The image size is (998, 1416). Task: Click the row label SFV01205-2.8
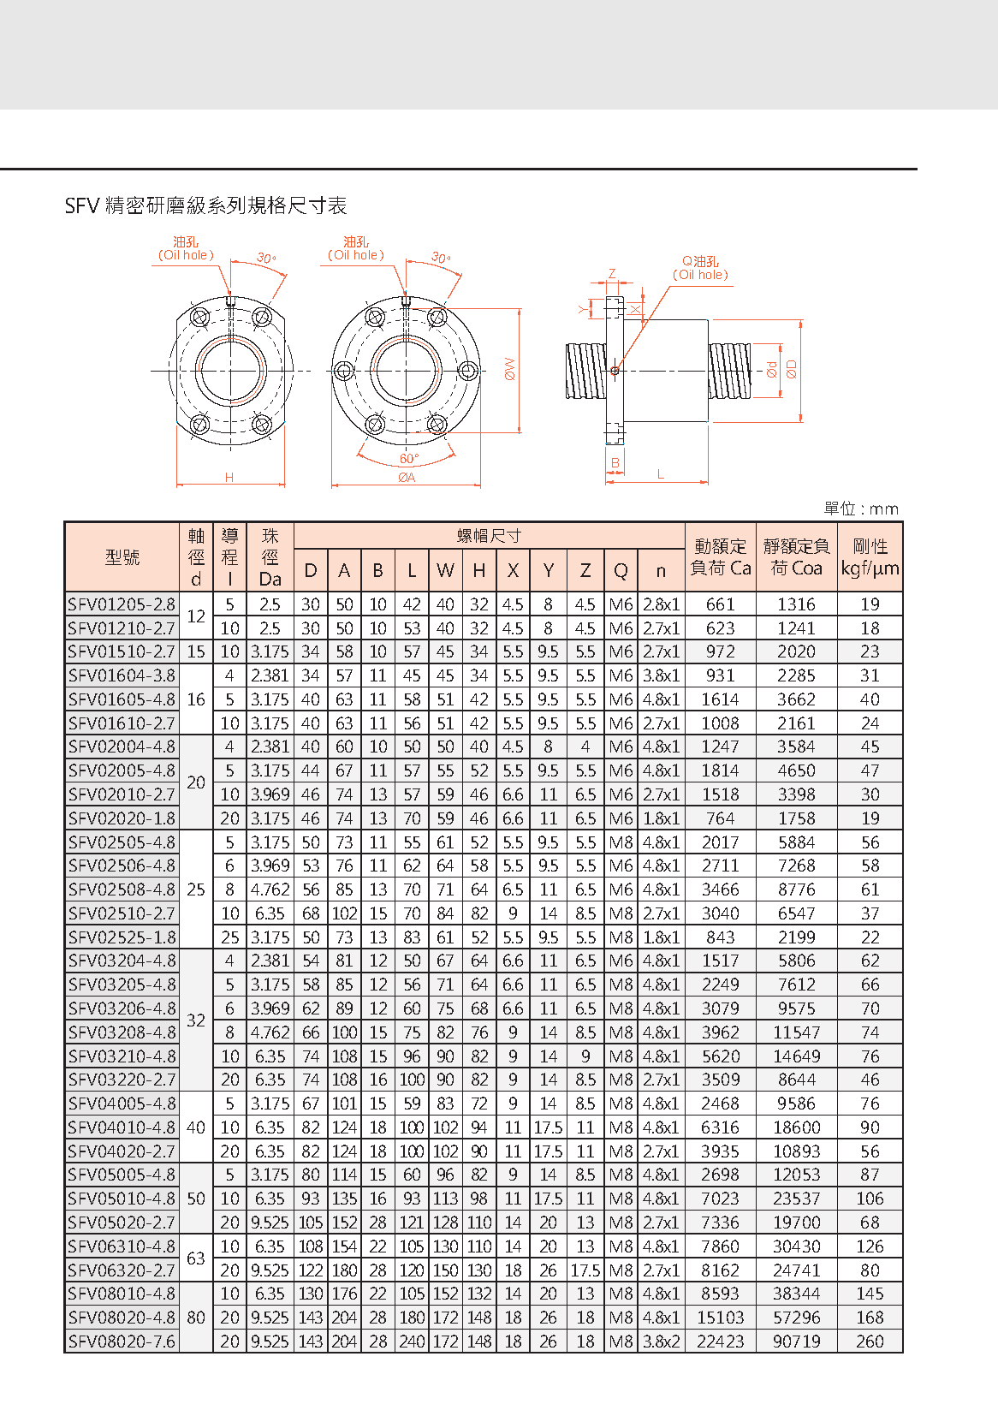pyautogui.click(x=122, y=604)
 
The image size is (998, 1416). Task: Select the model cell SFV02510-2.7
pyautogui.click(x=122, y=913)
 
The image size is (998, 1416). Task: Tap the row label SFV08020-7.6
pyautogui.click(x=122, y=1342)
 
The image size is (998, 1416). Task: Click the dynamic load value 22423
pyautogui.click(x=720, y=1342)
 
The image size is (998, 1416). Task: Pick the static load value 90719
pyautogui.click(x=796, y=1342)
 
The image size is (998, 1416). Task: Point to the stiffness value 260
pyautogui.click(x=870, y=1342)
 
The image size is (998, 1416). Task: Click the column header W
pyautogui.click(x=445, y=570)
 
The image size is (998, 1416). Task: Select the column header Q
pyautogui.click(x=621, y=570)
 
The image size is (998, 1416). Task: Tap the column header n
pyautogui.click(x=661, y=570)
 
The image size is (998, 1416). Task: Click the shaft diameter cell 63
pyautogui.click(x=196, y=1258)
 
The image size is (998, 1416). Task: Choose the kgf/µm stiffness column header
pyautogui.click(x=870, y=557)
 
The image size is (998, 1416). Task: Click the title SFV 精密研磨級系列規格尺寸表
pyautogui.click(x=205, y=205)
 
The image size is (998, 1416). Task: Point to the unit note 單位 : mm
pyautogui.click(x=861, y=509)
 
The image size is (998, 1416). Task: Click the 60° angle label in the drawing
pyautogui.click(x=409, y=459)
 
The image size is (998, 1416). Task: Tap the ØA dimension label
pyautogui.click(x=407, y=478)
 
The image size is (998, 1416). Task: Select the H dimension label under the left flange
pyautogui.click(x=229, y=478)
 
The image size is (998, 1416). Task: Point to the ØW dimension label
pyautogui.click(x=510, y=370)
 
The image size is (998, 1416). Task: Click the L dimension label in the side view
pyautogui.click(x=661, y=474)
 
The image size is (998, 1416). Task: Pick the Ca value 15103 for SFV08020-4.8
pyautogui.click(x=720, y=1318)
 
